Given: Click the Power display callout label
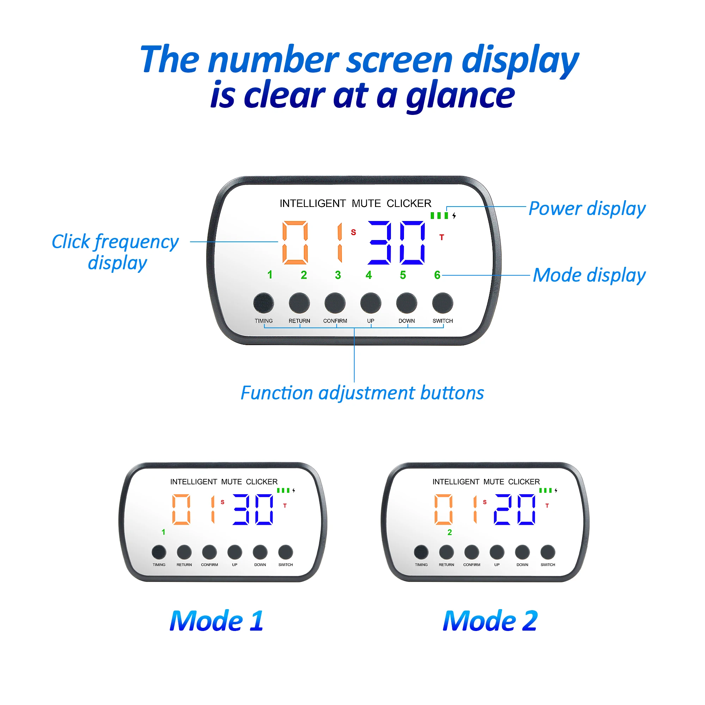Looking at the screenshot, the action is [x=587, y=209].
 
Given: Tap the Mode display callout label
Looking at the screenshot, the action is [x=589, y=276].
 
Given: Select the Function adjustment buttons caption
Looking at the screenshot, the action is [x=362, y=393].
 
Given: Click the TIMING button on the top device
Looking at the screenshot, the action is [x=263, y=303].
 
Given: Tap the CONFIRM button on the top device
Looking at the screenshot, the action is [x=335, y=303].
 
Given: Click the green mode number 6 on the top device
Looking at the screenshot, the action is [x=437, y=275].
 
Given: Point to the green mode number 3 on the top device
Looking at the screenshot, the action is [x=338, y=275].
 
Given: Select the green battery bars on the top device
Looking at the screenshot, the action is [x=439, y=216].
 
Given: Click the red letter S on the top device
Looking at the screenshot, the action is [x=353, y=232].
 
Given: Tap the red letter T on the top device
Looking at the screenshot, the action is [x=442, y=238].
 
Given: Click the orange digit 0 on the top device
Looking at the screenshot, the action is [x=295, y=242].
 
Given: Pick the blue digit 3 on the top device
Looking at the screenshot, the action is [x=380, y=242].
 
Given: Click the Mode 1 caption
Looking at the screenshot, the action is [x=216, y=621].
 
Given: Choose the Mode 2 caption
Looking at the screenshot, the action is [x=490, y=621].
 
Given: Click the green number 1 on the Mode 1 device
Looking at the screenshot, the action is [x=163, y=532].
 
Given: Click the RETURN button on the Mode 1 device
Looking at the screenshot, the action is [x=184, y=552].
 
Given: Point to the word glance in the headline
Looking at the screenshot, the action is [x=460, y=96].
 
